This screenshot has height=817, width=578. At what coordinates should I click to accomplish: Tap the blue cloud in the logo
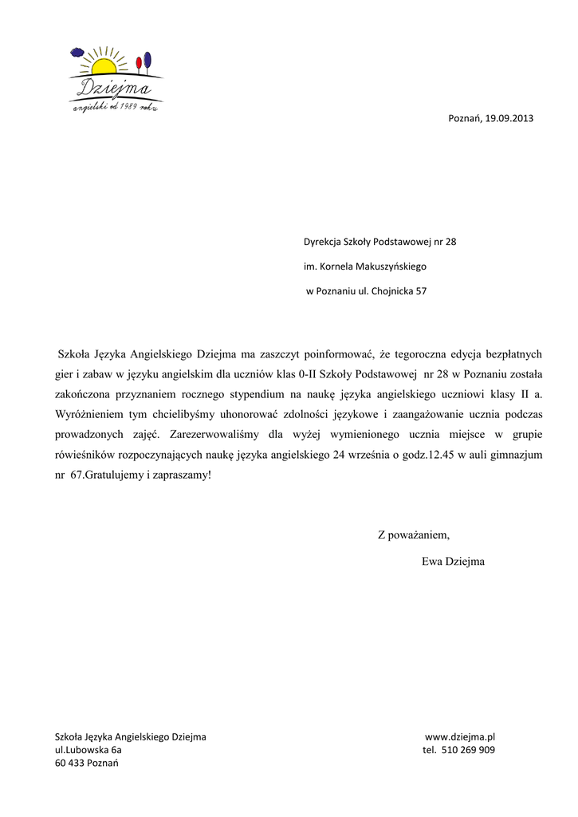click(x=77, y=53)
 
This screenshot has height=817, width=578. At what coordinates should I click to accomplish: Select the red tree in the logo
click(x=139, y=62)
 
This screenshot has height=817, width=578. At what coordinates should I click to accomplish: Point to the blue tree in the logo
click(x=147, y=59)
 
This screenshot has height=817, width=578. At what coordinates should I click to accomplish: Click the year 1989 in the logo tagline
click(x=123, y=107)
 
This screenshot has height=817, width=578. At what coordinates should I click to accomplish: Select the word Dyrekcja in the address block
click(x=322, y=242)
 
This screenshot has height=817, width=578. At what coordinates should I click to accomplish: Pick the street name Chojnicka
click(x=392, y=291)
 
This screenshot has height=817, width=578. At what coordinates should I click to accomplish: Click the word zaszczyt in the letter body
click(x=279, y=354)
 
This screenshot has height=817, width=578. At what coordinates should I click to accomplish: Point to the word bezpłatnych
click(x=509, y=354)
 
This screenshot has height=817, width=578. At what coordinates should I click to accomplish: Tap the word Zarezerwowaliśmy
click(x=216, y=435)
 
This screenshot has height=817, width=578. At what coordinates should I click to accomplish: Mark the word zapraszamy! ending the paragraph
click(x=186, y=475)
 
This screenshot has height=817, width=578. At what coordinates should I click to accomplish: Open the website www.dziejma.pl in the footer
click(x=460, y=737)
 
